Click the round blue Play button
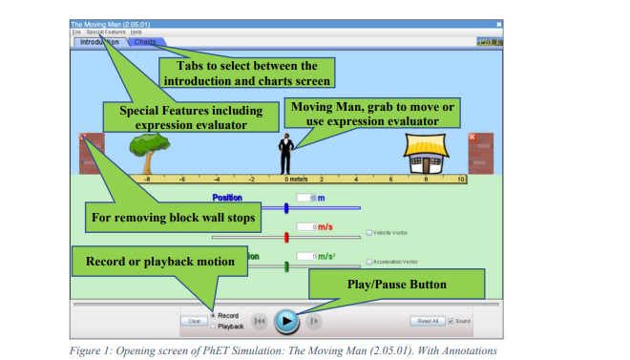[286, 321]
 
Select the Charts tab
[146, 42]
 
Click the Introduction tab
[98, 42]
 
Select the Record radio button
[212, 315]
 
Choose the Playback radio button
[212, 326]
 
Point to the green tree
[147, 149]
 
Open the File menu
[75, 32]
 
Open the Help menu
[136, 32]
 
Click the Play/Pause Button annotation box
[396, 284]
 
